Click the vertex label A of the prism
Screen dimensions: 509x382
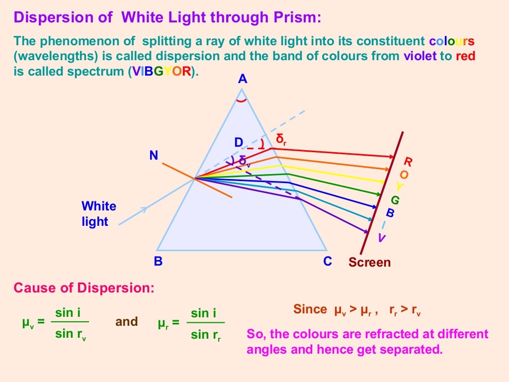243,79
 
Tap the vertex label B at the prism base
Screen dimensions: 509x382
158,261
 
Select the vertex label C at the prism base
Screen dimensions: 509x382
327,261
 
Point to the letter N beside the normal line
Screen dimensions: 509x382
154,156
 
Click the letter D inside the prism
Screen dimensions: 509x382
239,143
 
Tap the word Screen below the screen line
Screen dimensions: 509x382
369,262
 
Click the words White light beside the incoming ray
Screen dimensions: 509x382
98,214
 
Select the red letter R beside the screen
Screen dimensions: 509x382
408,162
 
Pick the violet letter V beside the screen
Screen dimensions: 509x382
381,238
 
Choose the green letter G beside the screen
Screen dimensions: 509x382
395,200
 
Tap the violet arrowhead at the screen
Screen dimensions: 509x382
365,231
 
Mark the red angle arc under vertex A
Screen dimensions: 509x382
242,101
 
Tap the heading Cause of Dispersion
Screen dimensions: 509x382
84,288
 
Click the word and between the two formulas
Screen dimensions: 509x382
127,321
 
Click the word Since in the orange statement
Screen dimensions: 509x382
310,309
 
